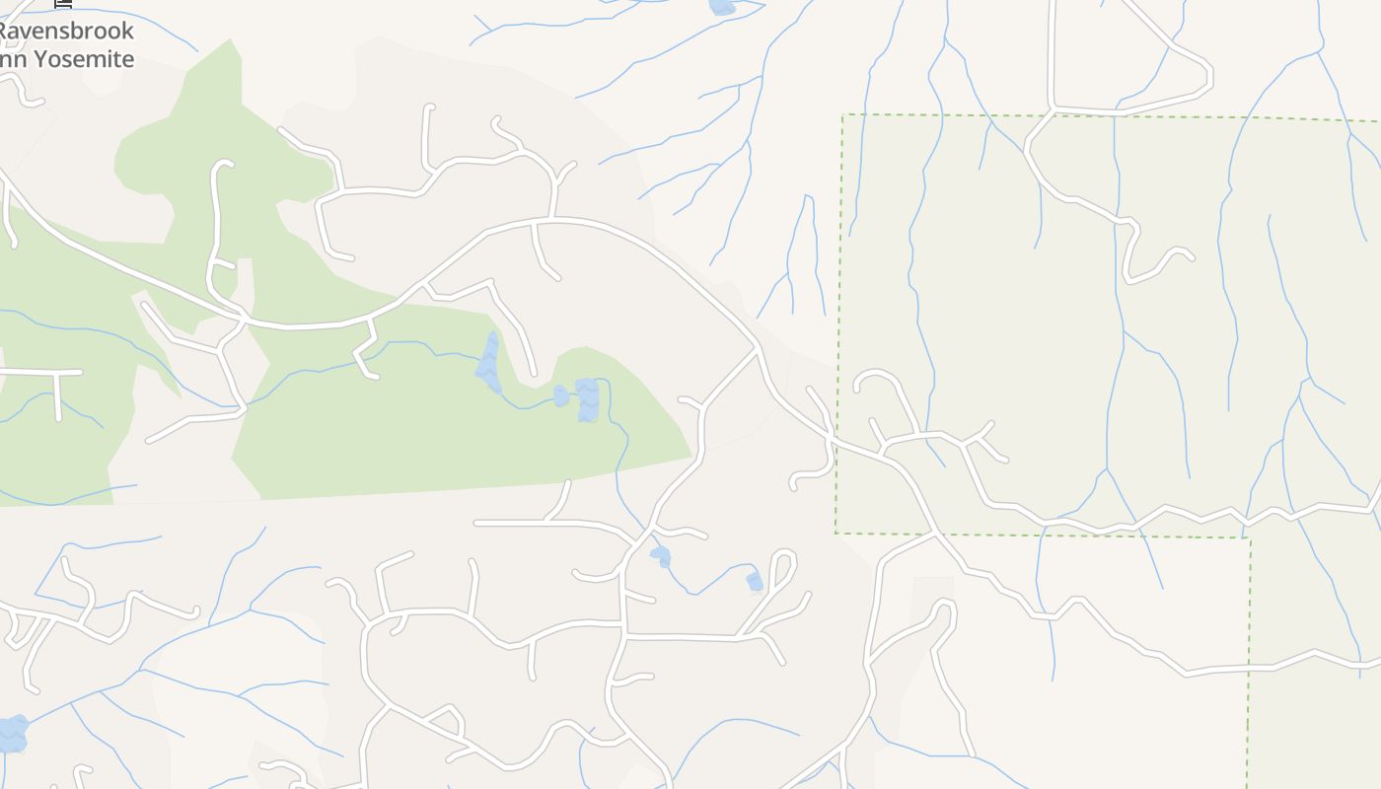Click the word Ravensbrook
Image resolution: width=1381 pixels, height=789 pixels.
pos(65,31)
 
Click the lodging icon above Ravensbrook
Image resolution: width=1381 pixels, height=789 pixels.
pos(63,4)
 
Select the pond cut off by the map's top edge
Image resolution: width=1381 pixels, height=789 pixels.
pos(721,7)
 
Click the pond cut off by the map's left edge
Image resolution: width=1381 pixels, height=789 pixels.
pos(11,734)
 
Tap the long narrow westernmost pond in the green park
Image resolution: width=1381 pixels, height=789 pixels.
pos(489,363)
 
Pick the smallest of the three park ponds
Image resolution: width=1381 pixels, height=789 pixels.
pos(561,395)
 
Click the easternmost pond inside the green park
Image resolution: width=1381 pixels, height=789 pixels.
pos(587,399)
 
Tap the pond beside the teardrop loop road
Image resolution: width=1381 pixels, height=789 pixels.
pos(755,582)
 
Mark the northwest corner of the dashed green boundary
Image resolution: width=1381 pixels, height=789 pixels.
pos(842,115)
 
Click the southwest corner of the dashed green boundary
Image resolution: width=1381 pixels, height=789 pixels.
pos(836,534)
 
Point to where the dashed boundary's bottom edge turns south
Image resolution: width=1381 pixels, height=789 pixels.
pos(1250,538)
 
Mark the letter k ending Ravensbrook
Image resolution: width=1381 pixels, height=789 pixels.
pos(127,31)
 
